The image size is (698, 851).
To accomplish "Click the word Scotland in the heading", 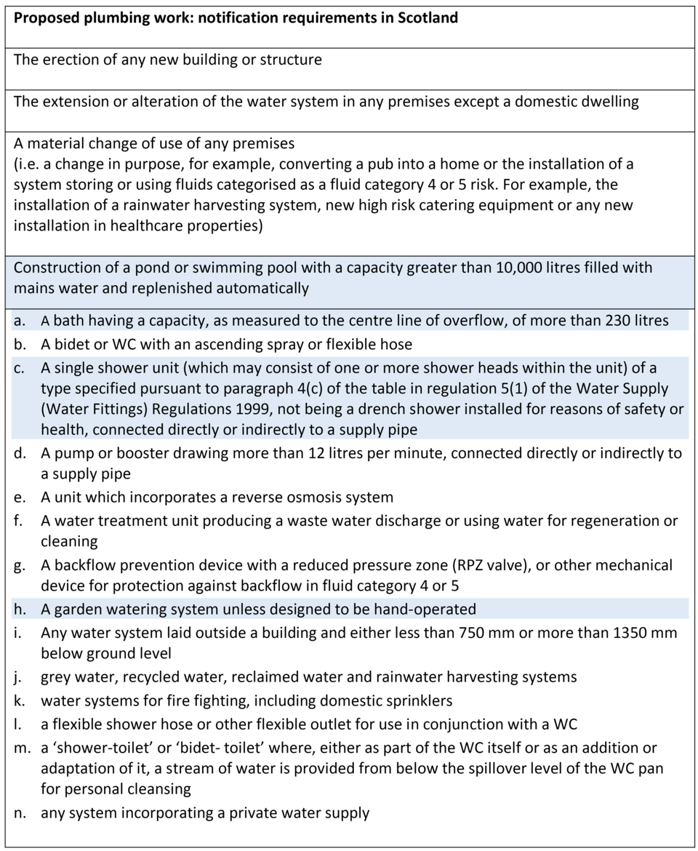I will (x=428, y=17).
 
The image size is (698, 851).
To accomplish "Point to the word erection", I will (x=71, y=59).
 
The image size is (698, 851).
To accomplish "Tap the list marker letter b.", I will (x=19, y=343).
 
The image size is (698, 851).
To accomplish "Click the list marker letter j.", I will (x=18, y=677).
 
